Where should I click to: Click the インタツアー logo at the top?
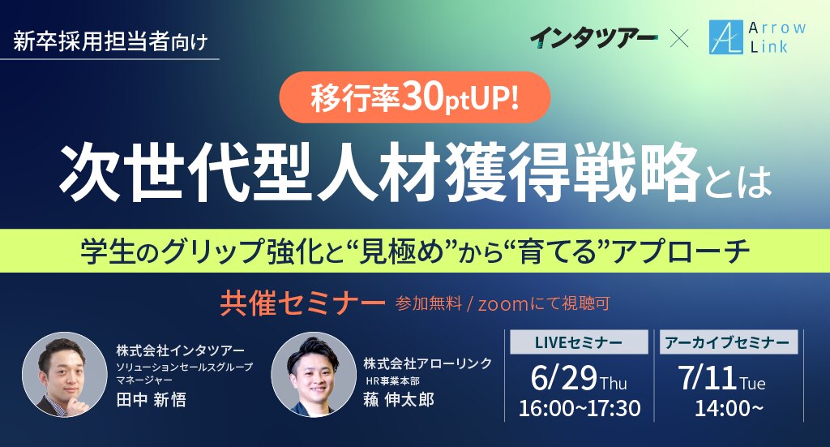coord(593,39)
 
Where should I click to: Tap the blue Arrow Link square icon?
coord(726,37)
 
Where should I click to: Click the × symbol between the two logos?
coord(680,39)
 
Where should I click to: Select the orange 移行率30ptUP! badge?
coord(415,97)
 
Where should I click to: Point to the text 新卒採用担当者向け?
coord(110,41)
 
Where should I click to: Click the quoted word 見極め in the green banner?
coord(400,251)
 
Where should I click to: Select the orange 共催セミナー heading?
coord(302,303)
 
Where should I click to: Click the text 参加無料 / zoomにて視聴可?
coord(503,303)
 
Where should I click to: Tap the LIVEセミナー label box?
coord(579,342)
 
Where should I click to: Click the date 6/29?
coord(564,377)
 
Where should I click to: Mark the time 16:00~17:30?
coord(579,408)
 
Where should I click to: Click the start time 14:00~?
coord(729,408)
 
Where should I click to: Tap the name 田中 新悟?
coord(152,399)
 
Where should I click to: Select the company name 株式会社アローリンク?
coord(428,363)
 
